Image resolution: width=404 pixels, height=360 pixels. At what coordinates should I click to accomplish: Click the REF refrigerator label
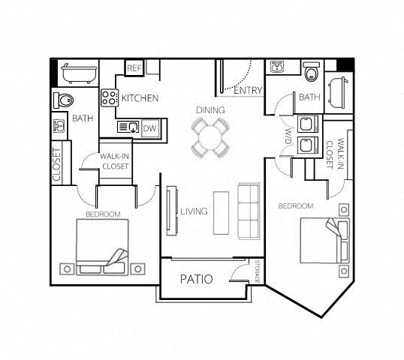134,68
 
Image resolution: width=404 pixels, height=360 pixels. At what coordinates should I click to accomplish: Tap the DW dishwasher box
149,128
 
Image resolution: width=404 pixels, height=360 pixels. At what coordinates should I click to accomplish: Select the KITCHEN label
140,98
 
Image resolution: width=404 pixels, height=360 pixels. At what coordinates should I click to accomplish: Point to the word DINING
211,110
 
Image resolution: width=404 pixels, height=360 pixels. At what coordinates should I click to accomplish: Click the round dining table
210,137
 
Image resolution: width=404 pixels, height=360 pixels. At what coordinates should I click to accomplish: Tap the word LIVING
194,211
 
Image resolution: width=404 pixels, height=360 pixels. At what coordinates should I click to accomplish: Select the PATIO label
197,279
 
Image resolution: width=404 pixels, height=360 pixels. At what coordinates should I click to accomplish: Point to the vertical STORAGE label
257,271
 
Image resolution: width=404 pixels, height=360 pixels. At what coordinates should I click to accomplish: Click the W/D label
288,136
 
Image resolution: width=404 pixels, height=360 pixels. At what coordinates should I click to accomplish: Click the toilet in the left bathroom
64,100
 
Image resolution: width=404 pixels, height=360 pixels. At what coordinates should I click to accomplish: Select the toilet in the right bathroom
311,72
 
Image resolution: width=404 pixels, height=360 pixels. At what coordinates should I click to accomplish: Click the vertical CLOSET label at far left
57,163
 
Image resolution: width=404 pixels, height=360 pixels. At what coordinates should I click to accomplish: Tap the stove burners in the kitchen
110,97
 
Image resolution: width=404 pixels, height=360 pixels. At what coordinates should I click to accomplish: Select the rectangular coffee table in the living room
221,212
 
